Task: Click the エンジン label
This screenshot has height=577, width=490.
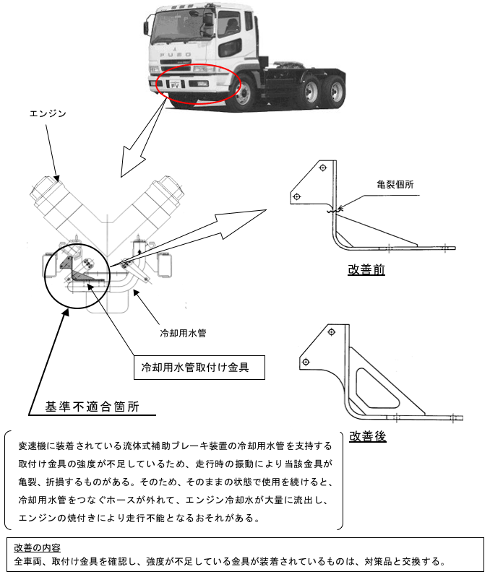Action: (x=48, y=113)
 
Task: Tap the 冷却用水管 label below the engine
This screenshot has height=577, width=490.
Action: (x=183, y=333)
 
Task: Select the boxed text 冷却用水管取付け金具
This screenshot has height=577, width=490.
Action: (x=195, y=367)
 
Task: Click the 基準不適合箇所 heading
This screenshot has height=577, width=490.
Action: (x=92, y=407)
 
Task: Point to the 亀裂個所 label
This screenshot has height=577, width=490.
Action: (x=395, y=184)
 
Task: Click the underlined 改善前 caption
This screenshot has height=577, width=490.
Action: (x=366, y=270)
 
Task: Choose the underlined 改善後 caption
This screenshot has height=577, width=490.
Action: (x=368, y=436)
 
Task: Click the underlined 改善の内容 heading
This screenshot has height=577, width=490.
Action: (x=37, y=547)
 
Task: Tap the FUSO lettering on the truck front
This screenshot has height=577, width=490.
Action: (x=175, y=55)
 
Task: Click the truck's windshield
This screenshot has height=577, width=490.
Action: (x=179, y=25)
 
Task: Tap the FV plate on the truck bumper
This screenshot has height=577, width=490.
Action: (x=175, y=85)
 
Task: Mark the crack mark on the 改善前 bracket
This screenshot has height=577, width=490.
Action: (x=335, y=211)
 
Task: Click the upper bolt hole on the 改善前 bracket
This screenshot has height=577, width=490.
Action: (x=323, y=168)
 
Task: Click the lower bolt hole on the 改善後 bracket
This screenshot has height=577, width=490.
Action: (x=306, y=362)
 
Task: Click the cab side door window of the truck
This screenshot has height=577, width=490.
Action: (x=229, y=25)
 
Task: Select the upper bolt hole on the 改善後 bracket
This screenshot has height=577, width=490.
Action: (x=331, y=332)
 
